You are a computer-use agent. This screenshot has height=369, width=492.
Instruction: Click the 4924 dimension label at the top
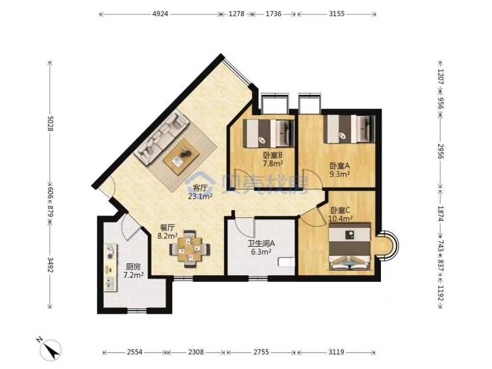160,14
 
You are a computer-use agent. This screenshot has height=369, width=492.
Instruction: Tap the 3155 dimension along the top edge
336,14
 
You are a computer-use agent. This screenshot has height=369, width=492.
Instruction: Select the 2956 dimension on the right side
440,152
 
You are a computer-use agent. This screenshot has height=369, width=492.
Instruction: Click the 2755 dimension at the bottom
261,352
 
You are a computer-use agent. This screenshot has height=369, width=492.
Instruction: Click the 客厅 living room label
200,188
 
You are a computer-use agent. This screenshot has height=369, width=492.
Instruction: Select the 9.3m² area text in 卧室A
340,174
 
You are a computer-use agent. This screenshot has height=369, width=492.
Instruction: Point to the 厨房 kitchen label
133,267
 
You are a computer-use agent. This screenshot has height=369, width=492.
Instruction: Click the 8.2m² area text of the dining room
168,235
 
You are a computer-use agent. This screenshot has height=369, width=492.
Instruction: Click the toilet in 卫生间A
286,262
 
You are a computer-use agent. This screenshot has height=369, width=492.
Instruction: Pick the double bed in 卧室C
350,246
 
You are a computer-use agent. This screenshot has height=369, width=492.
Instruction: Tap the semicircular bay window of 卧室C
388,245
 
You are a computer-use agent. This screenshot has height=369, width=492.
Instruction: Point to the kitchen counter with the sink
110,268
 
